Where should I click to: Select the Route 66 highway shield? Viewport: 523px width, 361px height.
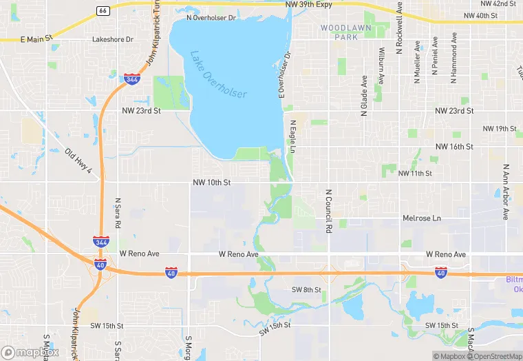103,11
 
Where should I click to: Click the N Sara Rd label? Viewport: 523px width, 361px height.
118,214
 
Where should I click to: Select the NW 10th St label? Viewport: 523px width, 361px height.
211,183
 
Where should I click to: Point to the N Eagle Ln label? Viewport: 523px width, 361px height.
292,137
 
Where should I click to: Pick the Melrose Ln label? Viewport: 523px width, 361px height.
421,218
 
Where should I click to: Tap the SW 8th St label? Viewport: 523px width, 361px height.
306,290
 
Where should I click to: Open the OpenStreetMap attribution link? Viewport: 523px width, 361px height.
495,356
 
